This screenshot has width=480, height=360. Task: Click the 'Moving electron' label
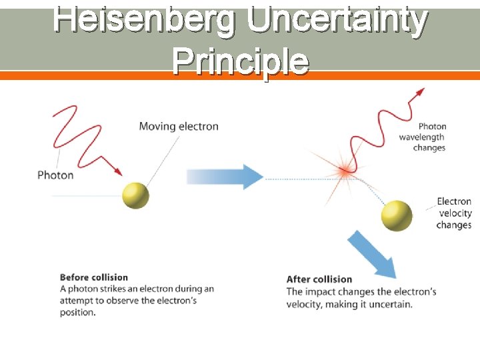coord(178,126)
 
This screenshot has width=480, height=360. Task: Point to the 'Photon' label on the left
coord(55,175)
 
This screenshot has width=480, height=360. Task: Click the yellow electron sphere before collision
coord(135,195)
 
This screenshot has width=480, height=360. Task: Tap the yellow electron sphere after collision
coord(397,216)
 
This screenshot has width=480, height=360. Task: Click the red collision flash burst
coord(345,172)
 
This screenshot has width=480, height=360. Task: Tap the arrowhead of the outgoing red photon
coord(420,92)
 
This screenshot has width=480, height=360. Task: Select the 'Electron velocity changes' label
coord(454,213)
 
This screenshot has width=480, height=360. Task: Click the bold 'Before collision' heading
coord(93,277)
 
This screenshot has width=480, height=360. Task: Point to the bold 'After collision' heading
coord(319,279)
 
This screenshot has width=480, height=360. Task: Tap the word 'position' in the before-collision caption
coord(77,313)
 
